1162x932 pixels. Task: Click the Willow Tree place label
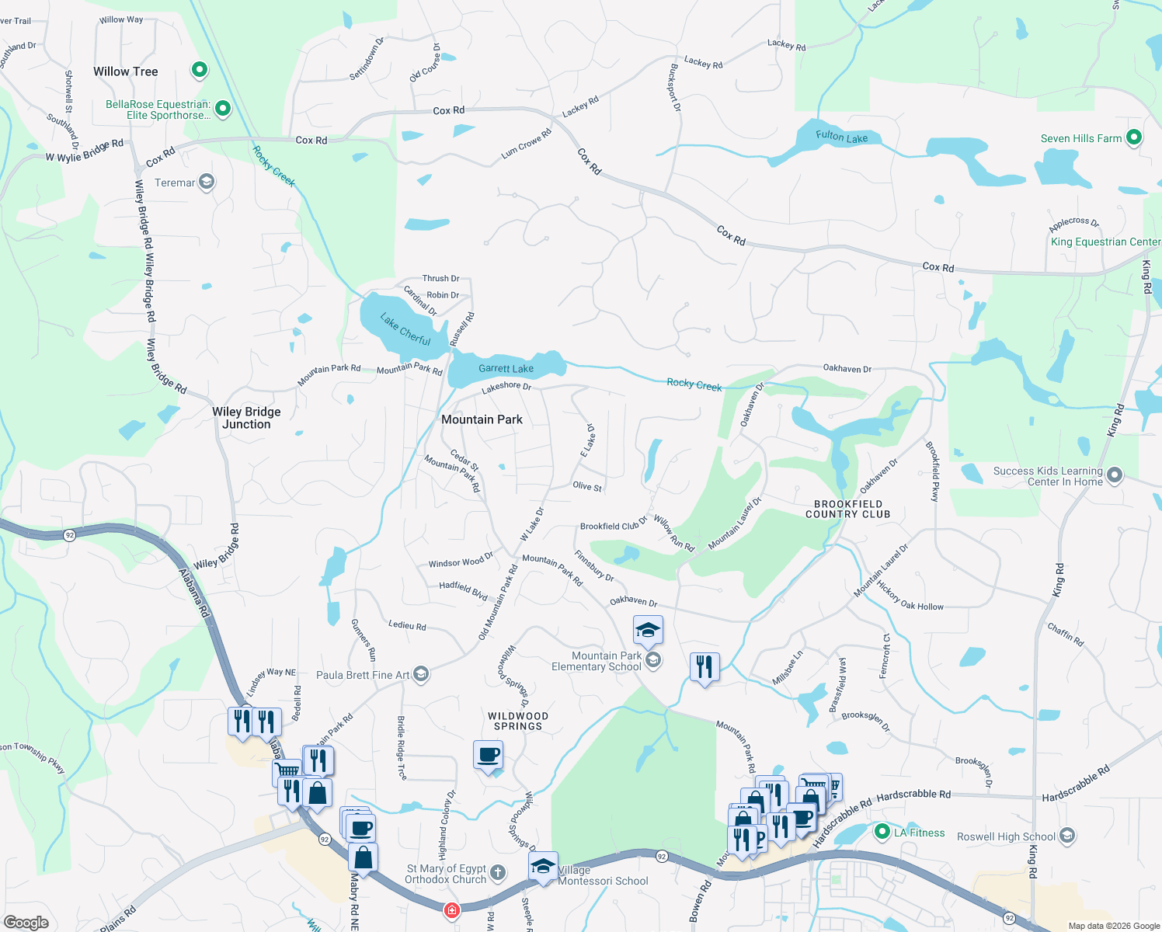coord(126,71)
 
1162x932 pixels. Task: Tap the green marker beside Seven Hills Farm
coord(1133,138)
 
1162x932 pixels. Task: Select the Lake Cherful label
coord(405,329)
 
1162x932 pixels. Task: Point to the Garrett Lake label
coord(506,369)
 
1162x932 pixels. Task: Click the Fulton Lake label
coord(841,137)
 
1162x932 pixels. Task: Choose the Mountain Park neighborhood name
coord(482,419)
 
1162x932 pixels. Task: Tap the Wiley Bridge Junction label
coord(246,418)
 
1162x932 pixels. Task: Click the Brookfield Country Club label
coord(847,509)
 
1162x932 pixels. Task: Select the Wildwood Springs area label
coord(518,721)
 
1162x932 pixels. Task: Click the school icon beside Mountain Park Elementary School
coord(653,660)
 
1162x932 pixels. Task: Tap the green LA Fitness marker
coord(882,833)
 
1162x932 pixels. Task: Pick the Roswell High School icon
coord(1067,836)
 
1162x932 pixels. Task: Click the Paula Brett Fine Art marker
coord(421,673)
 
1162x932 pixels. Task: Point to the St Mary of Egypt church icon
coord(498,873)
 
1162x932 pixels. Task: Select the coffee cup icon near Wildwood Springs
coord(488,755)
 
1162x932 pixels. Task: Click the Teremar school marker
coord(207,183)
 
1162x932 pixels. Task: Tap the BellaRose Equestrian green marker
coord(223,109)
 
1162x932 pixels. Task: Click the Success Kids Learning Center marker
coord(1115,475)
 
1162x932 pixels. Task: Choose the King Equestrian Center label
coord(1105,242)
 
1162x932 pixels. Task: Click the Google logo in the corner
coord(26,923)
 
